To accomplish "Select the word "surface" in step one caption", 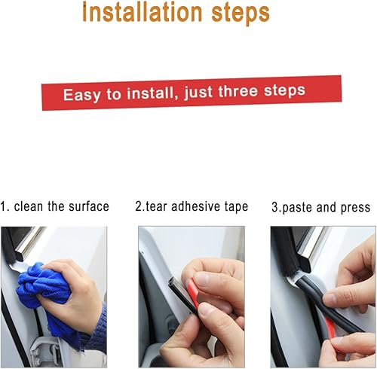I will pos(89,206).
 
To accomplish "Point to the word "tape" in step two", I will pos(234,206).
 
